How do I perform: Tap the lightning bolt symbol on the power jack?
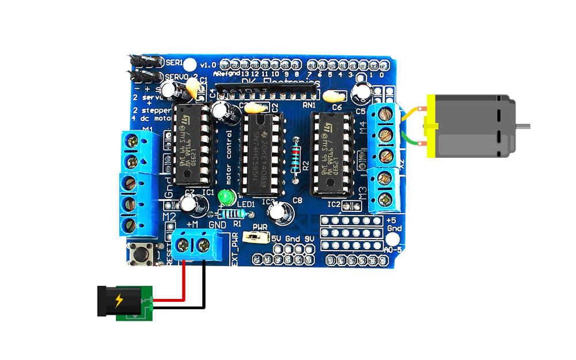coord(119,300)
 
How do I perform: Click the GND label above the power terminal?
coord(217,223)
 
